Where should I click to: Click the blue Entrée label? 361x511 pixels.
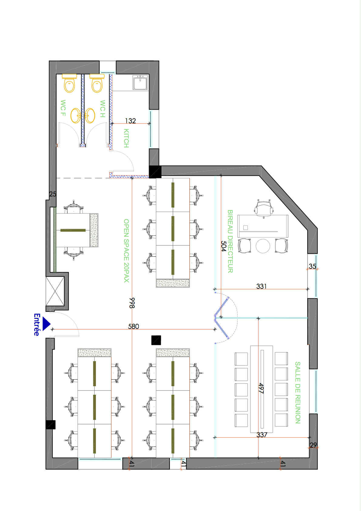point(36,325)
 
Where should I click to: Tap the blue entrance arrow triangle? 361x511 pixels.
point(46,324)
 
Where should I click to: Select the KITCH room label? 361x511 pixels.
point(126,138)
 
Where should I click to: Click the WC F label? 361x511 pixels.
point(63,108)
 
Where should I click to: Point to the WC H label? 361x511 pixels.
point(103,109)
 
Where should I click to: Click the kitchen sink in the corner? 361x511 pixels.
point(140,83)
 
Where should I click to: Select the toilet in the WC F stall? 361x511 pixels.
point(69,83)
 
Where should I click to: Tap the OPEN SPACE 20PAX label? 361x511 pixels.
point(126,250)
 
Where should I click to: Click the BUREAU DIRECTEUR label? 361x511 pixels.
point(230,241)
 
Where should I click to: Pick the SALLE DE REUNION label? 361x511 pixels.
point(298,392)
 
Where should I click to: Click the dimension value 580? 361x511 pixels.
point(133,326)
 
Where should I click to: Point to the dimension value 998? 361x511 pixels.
point(132,303)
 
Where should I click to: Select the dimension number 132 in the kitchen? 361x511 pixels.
point(130,121)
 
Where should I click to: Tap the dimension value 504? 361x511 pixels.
point(224,246)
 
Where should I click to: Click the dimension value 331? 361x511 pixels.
point(261,286)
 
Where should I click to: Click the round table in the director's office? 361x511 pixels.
point(263,246)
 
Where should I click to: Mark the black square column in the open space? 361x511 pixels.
point(156,340)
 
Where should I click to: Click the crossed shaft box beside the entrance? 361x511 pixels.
point(55,291)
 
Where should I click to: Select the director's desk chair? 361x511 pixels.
point(263,209)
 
